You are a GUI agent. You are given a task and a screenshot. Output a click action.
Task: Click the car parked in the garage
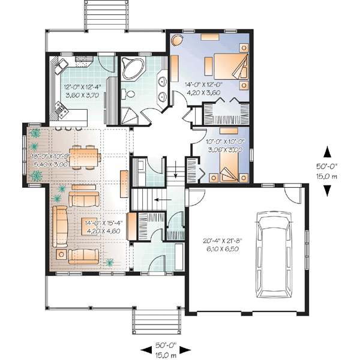point(274,255)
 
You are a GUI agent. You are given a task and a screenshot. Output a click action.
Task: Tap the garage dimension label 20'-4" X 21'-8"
point(223,241)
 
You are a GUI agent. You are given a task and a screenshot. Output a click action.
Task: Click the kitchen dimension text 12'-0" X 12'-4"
point(82,87)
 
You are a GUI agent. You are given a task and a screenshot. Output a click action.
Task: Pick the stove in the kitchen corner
point(62,110)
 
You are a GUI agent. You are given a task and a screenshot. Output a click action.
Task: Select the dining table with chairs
point(85,157)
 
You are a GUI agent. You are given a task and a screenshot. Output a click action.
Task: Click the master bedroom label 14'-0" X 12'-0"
point(204,85)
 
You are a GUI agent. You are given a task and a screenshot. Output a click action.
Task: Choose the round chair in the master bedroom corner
point(178,40)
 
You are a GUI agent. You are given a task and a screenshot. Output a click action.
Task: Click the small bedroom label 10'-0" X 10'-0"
point(226,142)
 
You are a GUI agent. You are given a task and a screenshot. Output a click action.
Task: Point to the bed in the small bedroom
point(229,167)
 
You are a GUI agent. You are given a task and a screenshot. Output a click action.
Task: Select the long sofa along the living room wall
point(60,226)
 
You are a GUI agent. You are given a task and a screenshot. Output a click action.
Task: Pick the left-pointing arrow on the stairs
point(163,200)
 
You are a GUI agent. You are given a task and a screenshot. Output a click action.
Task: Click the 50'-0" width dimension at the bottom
point(166,345)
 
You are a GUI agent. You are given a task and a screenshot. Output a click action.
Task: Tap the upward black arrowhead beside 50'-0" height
point(327,152)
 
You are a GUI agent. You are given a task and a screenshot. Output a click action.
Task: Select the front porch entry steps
point(156,322)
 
